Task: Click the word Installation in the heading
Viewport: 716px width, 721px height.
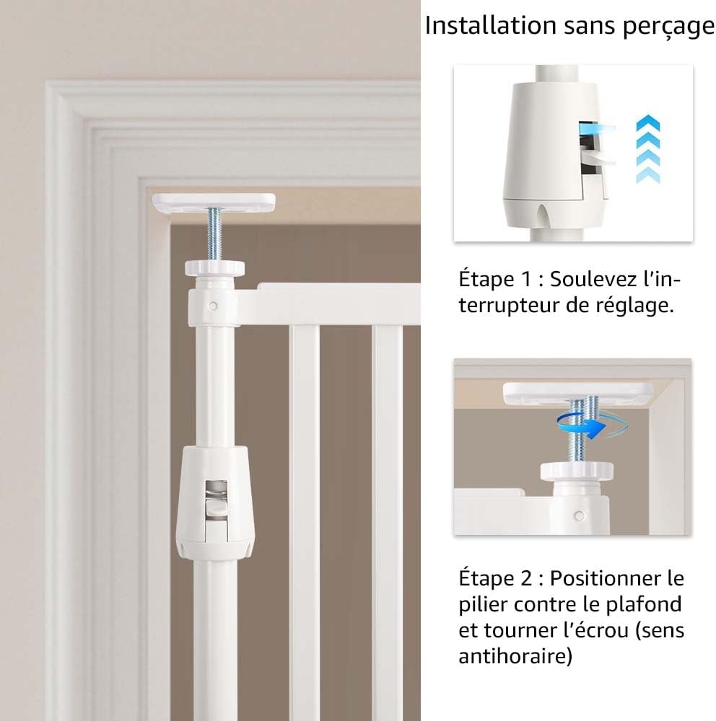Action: coord(490,25)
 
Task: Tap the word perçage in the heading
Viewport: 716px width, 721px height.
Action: coord(668,27)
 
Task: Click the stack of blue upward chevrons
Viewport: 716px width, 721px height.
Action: coord(648,149)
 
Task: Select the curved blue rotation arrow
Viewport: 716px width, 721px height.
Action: coord(592,425)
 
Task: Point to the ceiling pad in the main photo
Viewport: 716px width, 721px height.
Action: coord(214,203)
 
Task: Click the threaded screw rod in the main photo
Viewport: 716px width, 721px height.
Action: coord(214,234)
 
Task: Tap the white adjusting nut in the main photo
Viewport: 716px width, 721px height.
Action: coord(214,268)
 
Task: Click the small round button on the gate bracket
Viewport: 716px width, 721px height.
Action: coord(213,305)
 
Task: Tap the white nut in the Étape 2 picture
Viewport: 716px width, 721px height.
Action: coord(577,471)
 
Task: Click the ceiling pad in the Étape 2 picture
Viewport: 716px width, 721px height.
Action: coord(578,393)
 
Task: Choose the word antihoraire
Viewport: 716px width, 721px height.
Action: coord(515,655)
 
